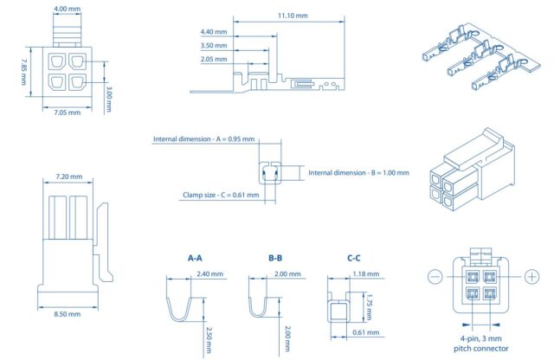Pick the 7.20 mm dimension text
(x=68, y=177)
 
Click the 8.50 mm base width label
(x=68, y=314)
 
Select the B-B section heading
(x=276, y=258)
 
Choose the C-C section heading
(x=354, y=258)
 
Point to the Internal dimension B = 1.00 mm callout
(x=359, y=173)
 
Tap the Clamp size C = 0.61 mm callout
(x=220, y=195)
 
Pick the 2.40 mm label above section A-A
(x=210, y=274)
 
